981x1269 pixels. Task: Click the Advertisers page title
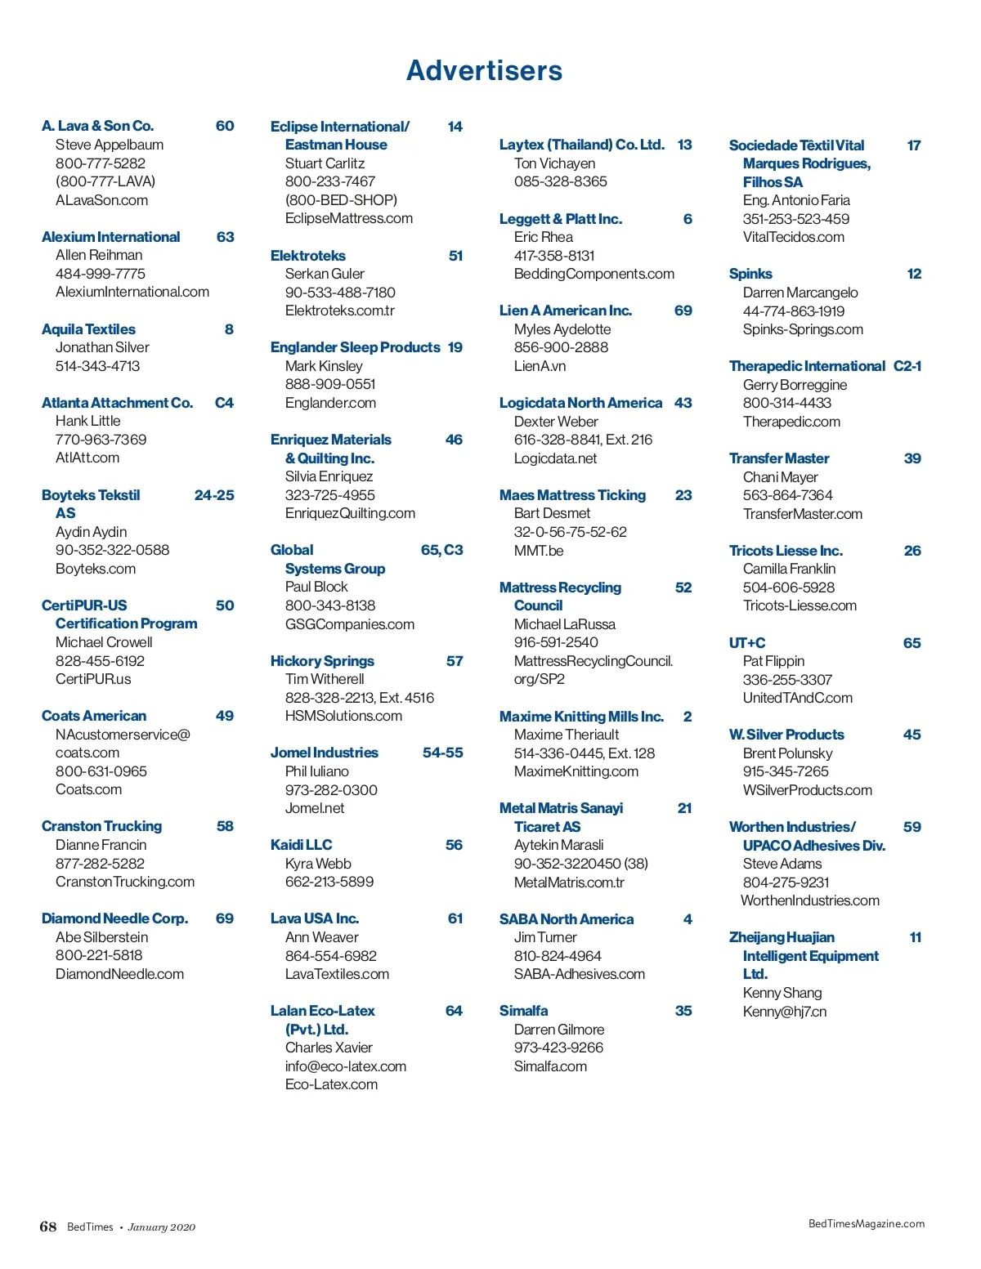484,71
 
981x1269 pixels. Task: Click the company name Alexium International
110,237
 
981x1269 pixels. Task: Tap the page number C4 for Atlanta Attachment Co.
224,403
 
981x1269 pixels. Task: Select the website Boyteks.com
96,569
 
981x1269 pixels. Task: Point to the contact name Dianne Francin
101,845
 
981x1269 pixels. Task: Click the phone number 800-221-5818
99,955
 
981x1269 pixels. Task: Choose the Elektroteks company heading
308,256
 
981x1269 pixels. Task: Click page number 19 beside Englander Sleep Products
455,347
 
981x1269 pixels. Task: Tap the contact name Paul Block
316,587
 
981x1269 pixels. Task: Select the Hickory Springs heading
322,661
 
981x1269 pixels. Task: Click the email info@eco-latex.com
346,1066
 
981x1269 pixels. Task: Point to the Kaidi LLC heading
302,845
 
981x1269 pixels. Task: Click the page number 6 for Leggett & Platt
688,219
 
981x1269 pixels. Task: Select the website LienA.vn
540,366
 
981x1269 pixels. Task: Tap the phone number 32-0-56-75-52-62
571,532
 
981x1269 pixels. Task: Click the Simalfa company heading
524,1011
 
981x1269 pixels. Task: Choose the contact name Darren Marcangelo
800,293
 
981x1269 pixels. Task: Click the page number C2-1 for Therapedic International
907,366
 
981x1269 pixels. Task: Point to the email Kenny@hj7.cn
785,1012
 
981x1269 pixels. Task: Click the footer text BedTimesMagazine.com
867,1223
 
